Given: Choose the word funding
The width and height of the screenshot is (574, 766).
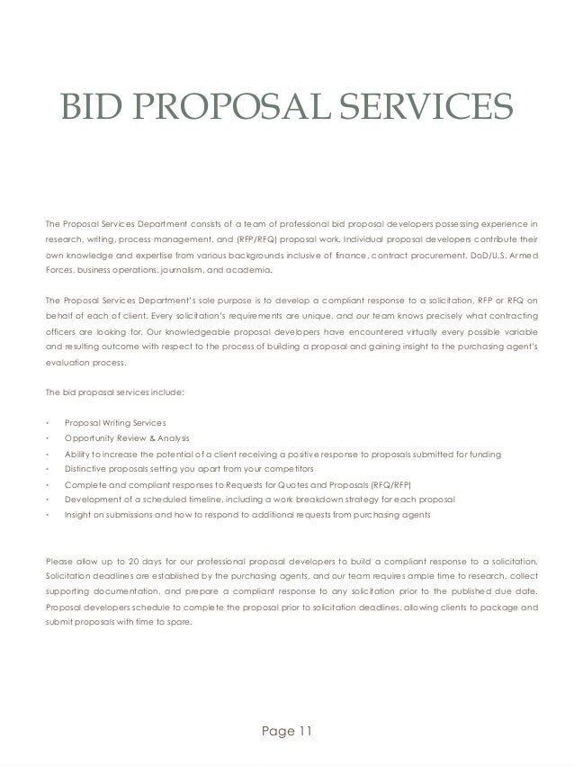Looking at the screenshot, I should pyautogui.click(x=486, y=454).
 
